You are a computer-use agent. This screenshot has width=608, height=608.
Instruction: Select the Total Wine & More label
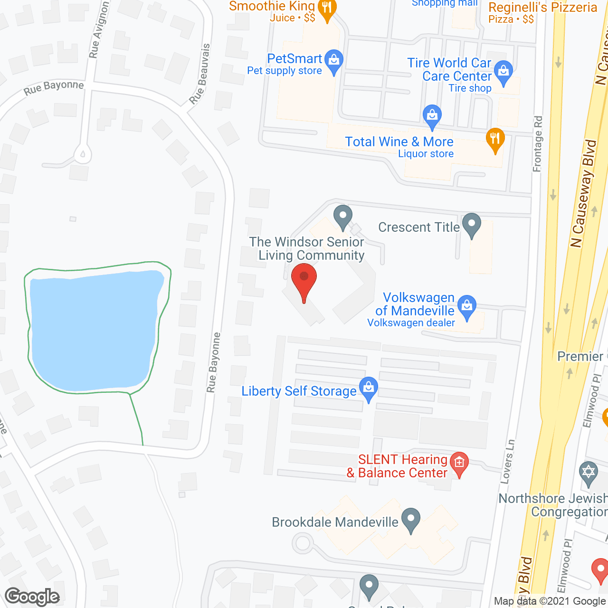tap(399, 142)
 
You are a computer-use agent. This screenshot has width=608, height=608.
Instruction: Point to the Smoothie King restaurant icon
tap(327, 9)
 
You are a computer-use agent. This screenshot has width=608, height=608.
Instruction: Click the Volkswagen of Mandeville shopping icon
tap(467, 306)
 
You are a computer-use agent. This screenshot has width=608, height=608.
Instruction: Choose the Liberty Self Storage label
tap(299, 391)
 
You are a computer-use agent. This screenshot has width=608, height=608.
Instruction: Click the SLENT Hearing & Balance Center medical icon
tap(459, 463)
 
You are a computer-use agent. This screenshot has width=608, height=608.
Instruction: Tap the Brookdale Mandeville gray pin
tap(411, 519)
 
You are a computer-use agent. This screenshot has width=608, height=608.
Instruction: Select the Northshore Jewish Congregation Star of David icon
tap(589, 473)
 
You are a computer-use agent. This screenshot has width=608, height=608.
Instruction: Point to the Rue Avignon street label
tap(99, 29)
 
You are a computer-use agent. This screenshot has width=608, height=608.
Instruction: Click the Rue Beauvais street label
tap(199, 74)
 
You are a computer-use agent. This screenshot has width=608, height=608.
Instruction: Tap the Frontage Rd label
tap(538, 144)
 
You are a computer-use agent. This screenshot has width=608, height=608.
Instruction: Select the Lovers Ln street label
tap(507, 462)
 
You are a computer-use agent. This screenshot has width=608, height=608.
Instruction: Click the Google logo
tap(32, 597)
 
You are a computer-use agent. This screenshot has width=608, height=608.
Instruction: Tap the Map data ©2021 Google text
tap(550, 601)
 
